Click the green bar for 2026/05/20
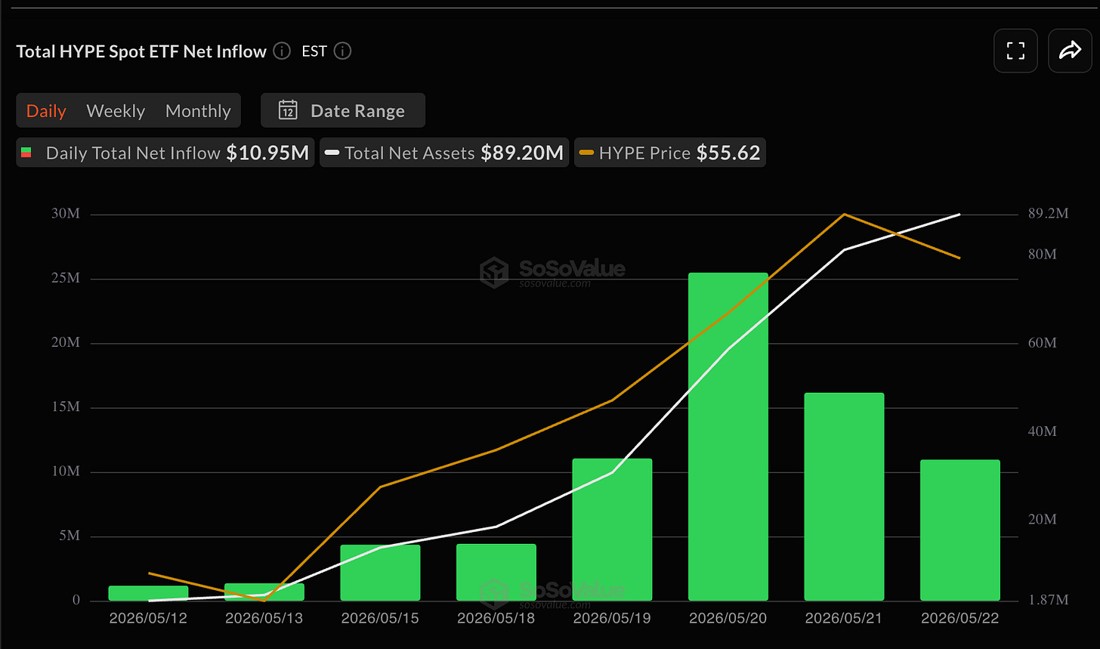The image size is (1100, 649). point(728,437)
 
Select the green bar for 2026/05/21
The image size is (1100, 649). point(844,496)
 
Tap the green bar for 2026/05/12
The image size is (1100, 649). point(148,593)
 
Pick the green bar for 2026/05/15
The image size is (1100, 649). point(380,573)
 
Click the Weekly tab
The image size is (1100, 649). point(116,111)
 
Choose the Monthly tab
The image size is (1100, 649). point(198,111)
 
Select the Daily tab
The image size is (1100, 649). point(46,111)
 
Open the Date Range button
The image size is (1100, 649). point(343,110)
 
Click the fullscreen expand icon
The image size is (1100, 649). point(1015,51)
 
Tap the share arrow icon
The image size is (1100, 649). point(1070,50)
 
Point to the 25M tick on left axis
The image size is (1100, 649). point(65,278)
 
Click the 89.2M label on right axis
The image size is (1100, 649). point(1048,213)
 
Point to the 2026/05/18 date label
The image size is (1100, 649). point(496,617)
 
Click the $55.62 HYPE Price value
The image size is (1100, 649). point(728,153)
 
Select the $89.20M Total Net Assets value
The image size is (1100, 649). point(522,153)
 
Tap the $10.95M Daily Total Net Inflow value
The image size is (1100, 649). point(267,153)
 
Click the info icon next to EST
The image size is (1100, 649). point(342,51)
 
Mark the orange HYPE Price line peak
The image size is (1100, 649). point(844,214)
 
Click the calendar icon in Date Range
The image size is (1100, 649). point(288,110)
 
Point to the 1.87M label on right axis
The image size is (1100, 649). point(1048,599)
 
